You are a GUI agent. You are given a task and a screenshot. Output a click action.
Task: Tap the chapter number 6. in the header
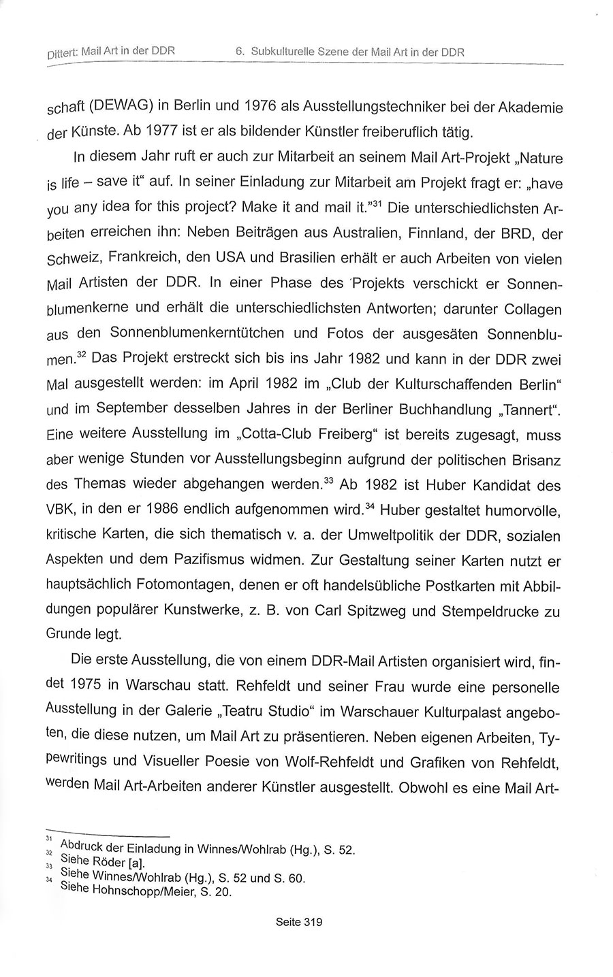coord(240,52)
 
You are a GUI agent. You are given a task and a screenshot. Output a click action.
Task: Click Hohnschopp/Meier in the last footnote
coord(140,892)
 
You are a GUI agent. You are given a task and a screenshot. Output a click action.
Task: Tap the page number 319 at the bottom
coord(310,923)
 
